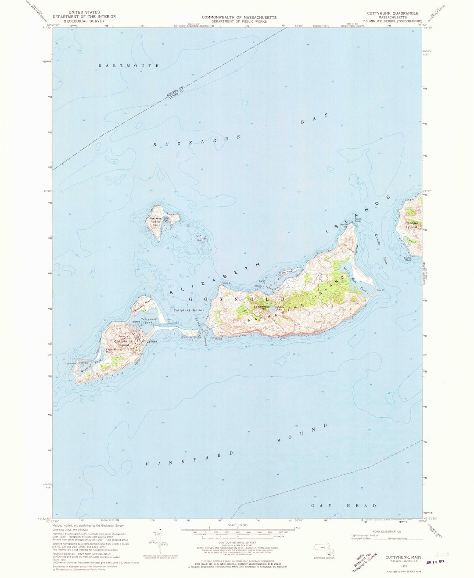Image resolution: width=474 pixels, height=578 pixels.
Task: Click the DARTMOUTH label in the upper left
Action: click(x=129, y=66)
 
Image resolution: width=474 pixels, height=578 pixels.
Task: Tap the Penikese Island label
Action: click(x=155, y=220)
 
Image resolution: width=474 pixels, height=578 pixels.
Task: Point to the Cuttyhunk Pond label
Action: click(x=149, y=320)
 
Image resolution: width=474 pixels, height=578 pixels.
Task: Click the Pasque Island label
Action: click(x=411, y=225)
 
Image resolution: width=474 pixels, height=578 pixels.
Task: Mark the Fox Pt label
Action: click(x=380, y=290)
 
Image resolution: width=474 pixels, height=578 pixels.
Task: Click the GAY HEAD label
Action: click(x=344, y=506)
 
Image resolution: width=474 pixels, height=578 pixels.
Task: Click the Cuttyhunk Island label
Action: click(x=123, y=343)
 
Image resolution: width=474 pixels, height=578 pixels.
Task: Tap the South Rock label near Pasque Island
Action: click(x=408, y=259)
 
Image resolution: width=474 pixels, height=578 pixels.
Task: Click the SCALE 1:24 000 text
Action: click(x=237, y=525)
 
